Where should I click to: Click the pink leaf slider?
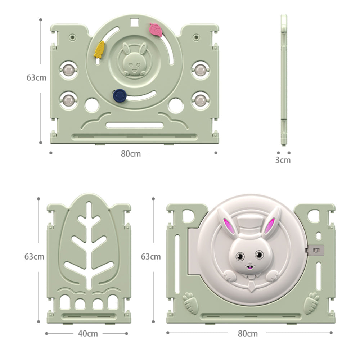(x=156, y=30)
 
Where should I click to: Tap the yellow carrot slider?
(x=99, y=50)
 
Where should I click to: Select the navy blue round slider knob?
(x=120, y=95)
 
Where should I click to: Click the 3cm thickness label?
(x=283, y=160)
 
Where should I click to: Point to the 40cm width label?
(x=88, y=333)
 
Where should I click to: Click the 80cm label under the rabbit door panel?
(x=248, y=333)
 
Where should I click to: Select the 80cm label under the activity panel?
(x=131, y=154)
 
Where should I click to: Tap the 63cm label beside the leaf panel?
(x=35, y=256)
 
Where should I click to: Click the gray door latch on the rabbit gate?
(x=316, y=251)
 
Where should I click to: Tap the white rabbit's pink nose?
(x=250, y=263)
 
